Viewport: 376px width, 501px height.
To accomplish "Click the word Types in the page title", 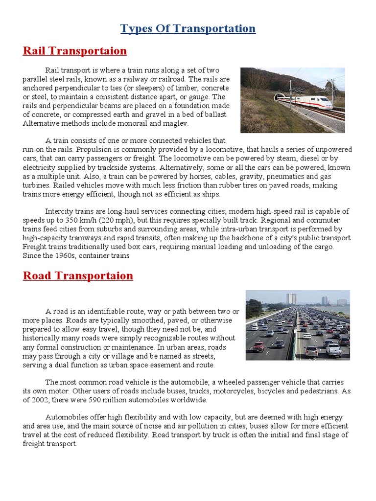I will pos(137,28).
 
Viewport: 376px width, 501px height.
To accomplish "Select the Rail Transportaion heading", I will pos(75,51).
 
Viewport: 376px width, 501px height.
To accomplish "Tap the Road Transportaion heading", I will pos(78,275).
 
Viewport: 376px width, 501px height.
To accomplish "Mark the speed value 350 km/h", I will pos(66,220).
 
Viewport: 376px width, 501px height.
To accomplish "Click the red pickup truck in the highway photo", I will pos(258,346).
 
